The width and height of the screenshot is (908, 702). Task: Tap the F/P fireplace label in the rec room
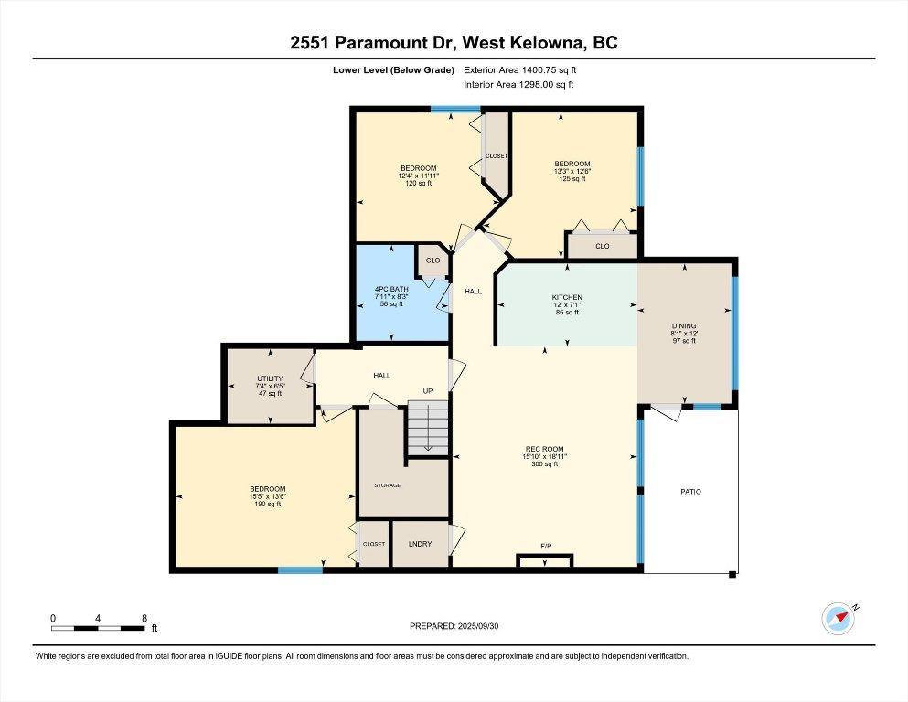click(x=546, y=547)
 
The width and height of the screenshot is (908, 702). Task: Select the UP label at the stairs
click(x=427, y=391)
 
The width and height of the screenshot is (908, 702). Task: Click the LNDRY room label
click(x=420, y=544)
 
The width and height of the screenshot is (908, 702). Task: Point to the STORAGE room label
click(x=388, y=484)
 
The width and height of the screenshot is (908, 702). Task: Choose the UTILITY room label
click(x=270, y=378)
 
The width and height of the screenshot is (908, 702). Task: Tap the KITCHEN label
click(x=566, y=298)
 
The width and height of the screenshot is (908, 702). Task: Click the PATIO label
click(x=690, y=492)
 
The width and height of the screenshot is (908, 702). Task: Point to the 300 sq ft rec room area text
click(x=544, y=464)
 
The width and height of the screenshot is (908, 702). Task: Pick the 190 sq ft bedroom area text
click(x=268, y=504)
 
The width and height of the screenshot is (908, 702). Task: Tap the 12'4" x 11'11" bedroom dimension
click(x=418, y=175)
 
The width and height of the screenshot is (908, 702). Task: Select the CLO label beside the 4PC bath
click(x=433, y=261)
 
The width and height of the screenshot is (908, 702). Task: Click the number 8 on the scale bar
click(x=144, y=618)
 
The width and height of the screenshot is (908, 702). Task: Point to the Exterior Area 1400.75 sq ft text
click(x=520, y=69)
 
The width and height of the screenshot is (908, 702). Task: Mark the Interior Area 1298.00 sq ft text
click(x=519, y=85)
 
